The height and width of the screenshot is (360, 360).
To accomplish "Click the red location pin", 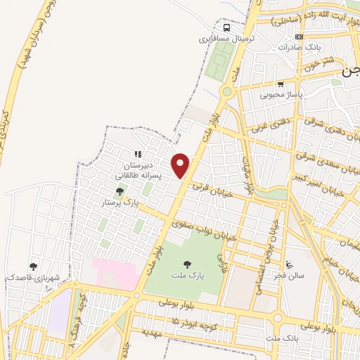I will point(181,165).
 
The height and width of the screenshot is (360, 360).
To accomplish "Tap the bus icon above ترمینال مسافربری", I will point(227,28).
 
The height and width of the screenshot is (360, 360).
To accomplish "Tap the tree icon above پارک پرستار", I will point(120,191).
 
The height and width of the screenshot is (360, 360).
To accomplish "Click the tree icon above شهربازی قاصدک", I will point(33,266).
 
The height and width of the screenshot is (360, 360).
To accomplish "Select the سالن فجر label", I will point(290,276).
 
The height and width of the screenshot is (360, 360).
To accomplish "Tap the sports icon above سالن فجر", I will point(290,264).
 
